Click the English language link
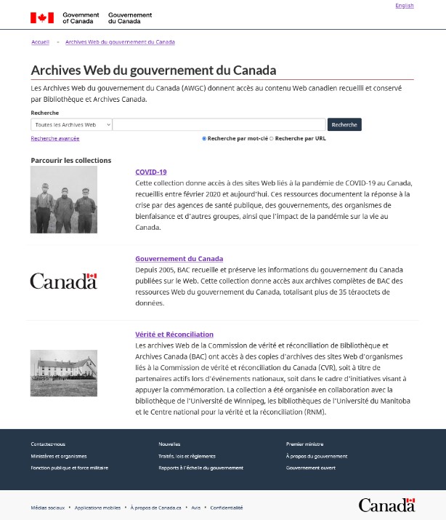(x=405, y=6)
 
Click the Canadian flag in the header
(x=42, y=17)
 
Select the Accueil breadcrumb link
(x=41, y=42)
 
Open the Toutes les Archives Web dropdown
(x=72, y=124)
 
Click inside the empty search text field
(x=219, y=124)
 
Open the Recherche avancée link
(x=55, y=138)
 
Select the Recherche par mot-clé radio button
(x=204, y=138)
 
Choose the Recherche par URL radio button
(x=272, y=138)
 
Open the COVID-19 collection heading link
(x=151, y=172)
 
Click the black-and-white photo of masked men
(x=64, y=199)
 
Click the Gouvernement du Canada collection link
(x=179, y=259)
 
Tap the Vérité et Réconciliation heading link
(x=174, y=335)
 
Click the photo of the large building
(x=64, y=373)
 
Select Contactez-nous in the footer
(x=48, y=444)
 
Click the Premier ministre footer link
(x=305, y=444)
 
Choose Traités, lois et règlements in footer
(x=187, y=456)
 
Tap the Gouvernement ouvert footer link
(x=311, y=468)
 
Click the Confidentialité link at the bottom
(x=227, y=508)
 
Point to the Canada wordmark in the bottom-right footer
(x=386, y=505)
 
